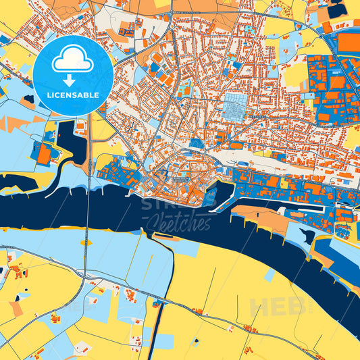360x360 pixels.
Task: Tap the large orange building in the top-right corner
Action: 349,43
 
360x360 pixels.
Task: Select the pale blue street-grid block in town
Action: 236,106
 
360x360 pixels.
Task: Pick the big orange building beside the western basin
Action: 44,155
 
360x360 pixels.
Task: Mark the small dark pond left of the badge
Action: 28,99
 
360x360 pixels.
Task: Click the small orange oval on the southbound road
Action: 86,241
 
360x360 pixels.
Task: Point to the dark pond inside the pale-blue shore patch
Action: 308,236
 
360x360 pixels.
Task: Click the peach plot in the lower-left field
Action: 15,308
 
